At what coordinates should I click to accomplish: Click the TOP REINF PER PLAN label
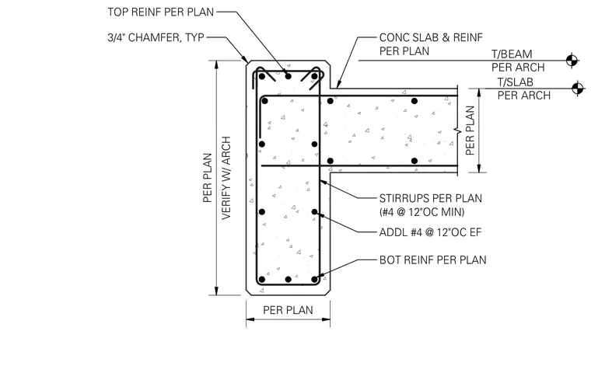[x=160, y=12]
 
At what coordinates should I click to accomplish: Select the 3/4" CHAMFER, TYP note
[x=156, y=37]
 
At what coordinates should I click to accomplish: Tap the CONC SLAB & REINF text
[x=431, y=37]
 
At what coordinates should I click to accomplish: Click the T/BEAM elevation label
[x=512, y=54]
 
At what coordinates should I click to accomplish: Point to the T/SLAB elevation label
[x=516, y=82]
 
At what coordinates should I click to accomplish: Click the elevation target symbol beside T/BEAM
[x=572, y=61]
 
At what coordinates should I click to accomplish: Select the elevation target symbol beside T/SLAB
[x=577, y=89]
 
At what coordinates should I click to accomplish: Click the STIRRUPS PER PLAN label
[x=431, y=198]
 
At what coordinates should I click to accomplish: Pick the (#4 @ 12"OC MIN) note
[x=421, y=212]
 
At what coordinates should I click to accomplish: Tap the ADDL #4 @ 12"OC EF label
[x=431, y=232]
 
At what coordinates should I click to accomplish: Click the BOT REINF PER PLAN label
[x=432, y=260]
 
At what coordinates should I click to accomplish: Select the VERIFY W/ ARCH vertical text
[x=226, y=178]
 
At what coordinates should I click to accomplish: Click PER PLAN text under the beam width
[x=288, y=310]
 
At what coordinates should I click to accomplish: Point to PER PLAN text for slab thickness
[x=470, y=131]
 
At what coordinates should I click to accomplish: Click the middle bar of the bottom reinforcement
[x=289, y=280]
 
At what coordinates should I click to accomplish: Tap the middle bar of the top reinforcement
[x=289, y=76]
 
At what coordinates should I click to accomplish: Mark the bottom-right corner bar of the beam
[x=314, y=280]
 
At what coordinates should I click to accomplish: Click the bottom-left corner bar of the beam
[x=262, y=280]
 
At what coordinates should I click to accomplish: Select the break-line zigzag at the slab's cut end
[x=457, y=131]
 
